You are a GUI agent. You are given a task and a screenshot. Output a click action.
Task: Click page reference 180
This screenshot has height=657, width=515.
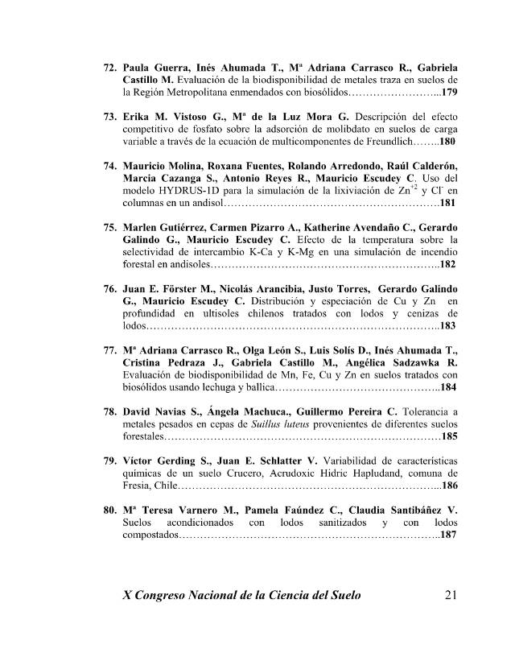point(447,142)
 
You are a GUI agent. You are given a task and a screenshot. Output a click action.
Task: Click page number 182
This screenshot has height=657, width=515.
point(447,264)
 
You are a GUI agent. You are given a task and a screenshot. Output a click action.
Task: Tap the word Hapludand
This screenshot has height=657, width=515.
point(352,473)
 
